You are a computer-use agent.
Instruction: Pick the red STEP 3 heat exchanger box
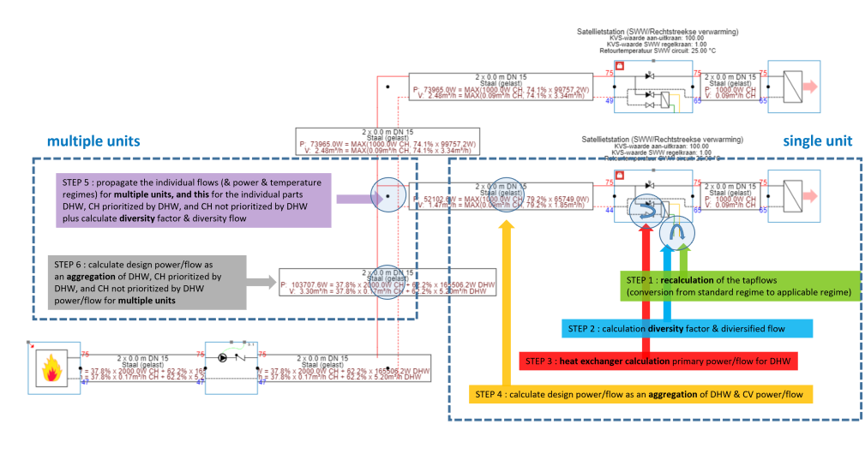point(665,361)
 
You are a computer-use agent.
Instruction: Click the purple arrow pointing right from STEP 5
point(351,199)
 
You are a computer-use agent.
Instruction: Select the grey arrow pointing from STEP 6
point(262,279)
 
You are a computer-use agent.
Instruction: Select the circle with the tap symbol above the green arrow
point(676,232)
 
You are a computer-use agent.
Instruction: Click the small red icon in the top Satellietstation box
point(619,65)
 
